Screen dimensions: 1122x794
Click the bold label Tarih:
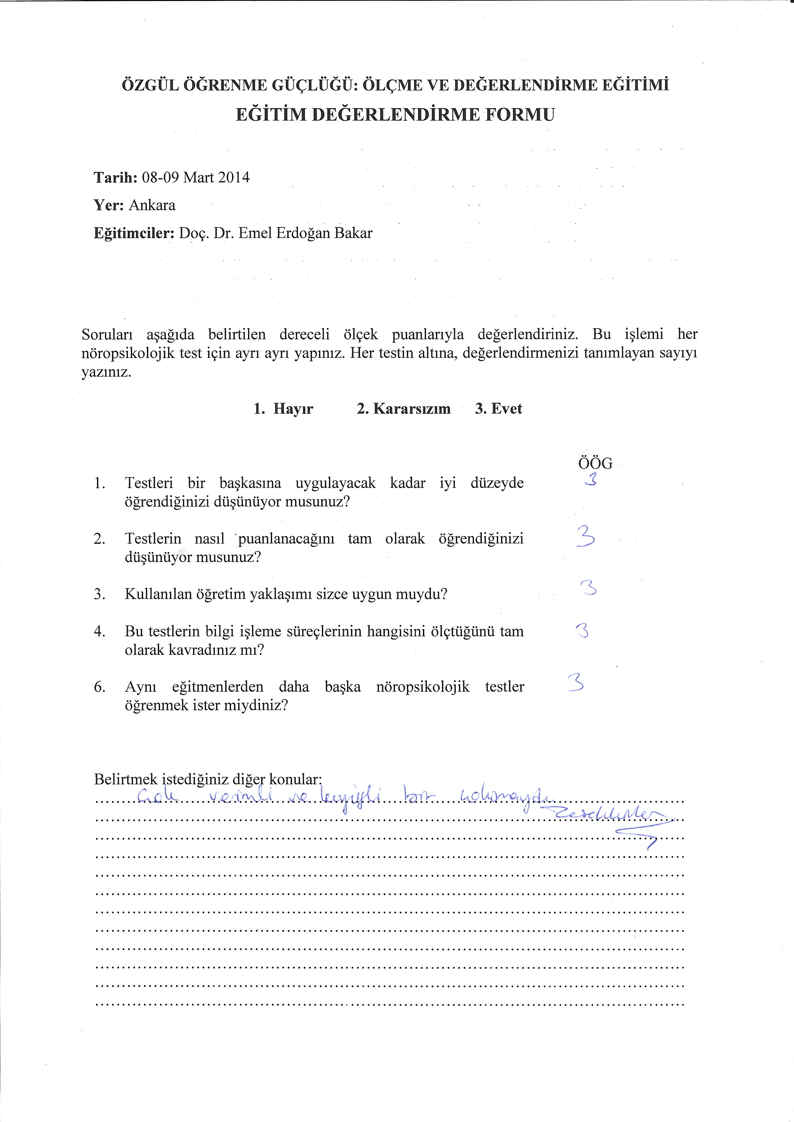[x=115, y=177]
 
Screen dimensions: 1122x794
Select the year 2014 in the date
[x=234, y=177]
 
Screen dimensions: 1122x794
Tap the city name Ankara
[x=152, y=205]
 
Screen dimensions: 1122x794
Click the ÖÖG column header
[x=595, y=463]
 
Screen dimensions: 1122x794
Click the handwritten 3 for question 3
[x=589, y=588]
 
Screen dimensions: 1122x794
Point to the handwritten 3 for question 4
[x=582, y=631]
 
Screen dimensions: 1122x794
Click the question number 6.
[x=99, y=687]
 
